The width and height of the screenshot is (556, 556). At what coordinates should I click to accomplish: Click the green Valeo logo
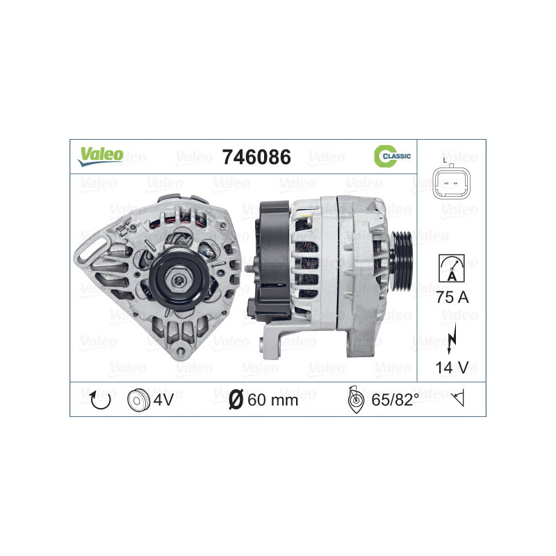(x=100, y=156)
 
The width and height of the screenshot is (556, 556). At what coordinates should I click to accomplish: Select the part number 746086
(x=256, y=157)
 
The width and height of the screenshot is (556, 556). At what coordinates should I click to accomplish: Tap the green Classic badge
(x=393, y=156)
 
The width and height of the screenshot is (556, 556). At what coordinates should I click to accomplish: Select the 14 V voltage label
(x=452, y=368)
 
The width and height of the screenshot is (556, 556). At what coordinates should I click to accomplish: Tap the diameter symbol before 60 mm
(x=235, y=400)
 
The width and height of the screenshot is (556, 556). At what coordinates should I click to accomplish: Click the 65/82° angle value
(x=395, y=400)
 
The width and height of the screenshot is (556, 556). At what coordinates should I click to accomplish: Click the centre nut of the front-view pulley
(x=178, y=279)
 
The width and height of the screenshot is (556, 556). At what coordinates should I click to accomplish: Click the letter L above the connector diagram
(x=444, y=160)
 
